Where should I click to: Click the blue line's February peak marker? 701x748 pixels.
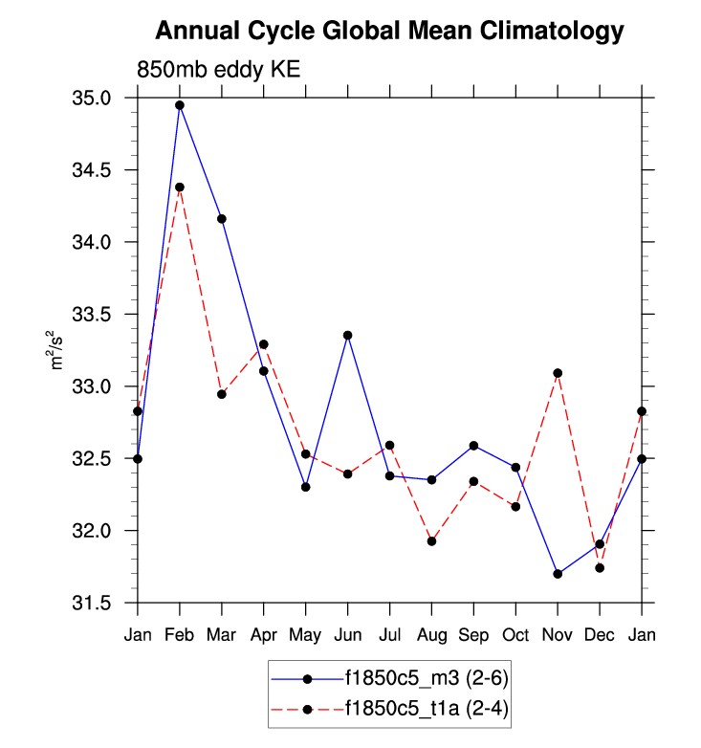pyautogui.click(x=180, y=105)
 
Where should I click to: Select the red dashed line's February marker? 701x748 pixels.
pyautogui.click(x=180, y=187)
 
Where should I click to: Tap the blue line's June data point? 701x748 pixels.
pyautogui.click(x=347, y=336)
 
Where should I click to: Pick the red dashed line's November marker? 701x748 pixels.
pyautogui.click(x=558, y=373)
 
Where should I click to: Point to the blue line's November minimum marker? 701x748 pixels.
pyautogui.click(x=558, y=574)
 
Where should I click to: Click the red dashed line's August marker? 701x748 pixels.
pyautogui.click(x=431, y=541)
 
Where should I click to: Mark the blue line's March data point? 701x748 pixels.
pyautogui.click(x=222, y=219)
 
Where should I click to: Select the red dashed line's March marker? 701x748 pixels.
pyautogui.click(x=222, y=394)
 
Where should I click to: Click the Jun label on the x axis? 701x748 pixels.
pyautogui.click(x=347, y=634)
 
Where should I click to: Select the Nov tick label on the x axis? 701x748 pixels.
pyautogui.click(x=558, y=634)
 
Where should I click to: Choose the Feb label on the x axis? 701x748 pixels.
pyautogui.click(x=180, y=634)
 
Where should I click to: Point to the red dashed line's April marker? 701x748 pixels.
pyautogui.click(x=264, y=344)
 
